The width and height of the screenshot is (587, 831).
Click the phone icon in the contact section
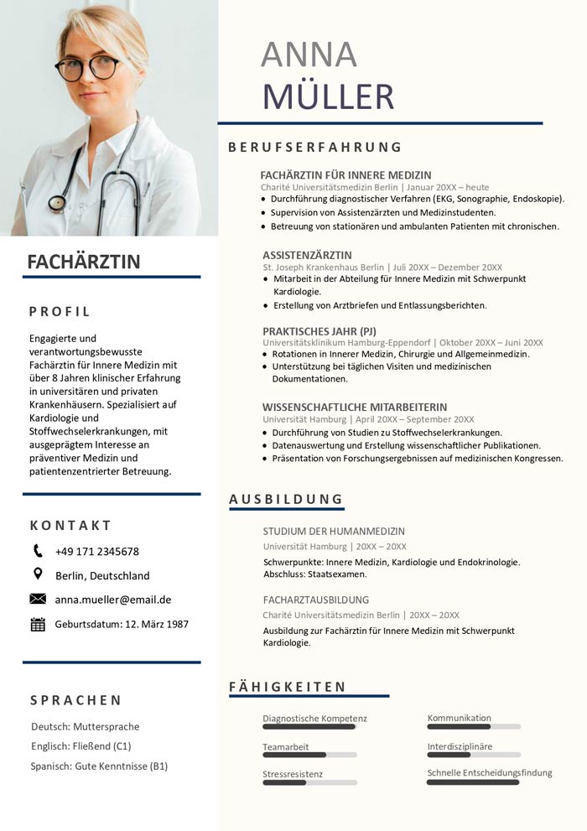[x=38, y=551]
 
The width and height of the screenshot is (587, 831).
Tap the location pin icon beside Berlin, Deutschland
[x=38, y=574]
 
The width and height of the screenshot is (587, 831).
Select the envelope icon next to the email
[x=38, y=599]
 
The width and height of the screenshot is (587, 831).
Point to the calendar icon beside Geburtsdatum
[x=38, y=624]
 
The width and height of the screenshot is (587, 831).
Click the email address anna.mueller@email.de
[x=113, y=600]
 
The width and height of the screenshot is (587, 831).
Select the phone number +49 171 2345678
[x=97, y=552]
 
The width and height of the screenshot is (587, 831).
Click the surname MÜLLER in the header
[x=328, y=96]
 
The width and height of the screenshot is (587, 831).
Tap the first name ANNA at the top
[x=309, y=55]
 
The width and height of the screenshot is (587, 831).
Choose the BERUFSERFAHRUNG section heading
[x=315, y=148]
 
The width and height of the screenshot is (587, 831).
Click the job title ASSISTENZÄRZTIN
[x=307, y=255]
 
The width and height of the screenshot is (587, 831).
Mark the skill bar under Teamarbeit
[x=309, y=755]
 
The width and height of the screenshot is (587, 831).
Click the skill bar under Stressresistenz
[x=309, y=782]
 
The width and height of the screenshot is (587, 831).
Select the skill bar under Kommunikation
[x=474, y=726]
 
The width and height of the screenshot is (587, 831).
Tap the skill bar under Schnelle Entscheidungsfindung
[x=474, y=782]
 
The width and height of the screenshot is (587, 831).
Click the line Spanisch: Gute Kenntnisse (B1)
[x=99, y=766]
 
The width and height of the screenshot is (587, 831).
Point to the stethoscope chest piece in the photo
[x=57, y=202]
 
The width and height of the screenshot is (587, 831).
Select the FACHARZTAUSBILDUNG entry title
[x=315, y=600]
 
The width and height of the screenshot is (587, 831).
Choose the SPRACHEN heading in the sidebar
[x=75, y=700]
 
